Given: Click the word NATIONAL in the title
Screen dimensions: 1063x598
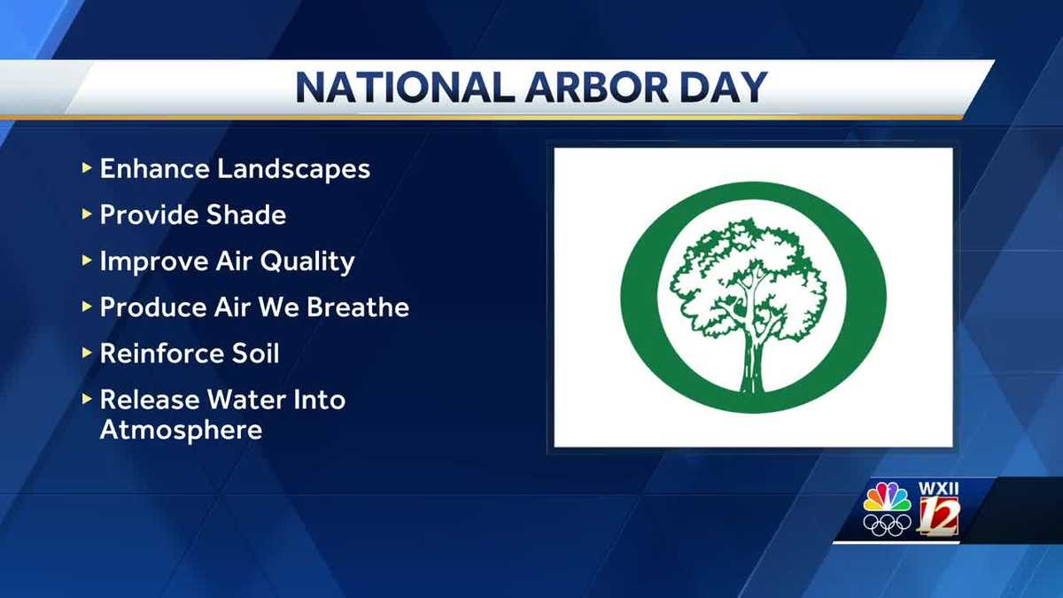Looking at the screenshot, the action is (406, 88).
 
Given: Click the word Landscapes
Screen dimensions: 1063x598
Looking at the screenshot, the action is (294, 169).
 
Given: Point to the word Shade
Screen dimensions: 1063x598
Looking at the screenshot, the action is (246, 214).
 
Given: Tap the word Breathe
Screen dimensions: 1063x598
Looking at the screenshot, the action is (358, 307).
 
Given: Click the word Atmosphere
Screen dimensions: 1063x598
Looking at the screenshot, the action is (181, 430).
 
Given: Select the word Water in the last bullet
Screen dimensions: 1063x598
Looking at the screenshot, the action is (245, 400).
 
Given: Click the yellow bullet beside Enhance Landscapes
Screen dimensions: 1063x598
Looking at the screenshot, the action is (87, 168).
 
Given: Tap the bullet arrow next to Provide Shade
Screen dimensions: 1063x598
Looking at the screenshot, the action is (87, 214).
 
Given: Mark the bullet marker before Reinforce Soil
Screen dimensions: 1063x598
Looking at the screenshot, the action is (87, 353).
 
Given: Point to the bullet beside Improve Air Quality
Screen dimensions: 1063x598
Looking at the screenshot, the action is (87, 260).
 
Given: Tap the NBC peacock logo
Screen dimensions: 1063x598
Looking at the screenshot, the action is (887, 497).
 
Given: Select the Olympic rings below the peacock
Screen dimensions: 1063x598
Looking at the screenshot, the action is (887, 524).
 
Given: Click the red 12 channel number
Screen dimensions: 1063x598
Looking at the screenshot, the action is (939, 516).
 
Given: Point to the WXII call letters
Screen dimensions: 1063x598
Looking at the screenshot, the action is (938, 489).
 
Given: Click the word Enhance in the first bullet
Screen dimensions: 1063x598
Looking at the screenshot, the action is (155, 168).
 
